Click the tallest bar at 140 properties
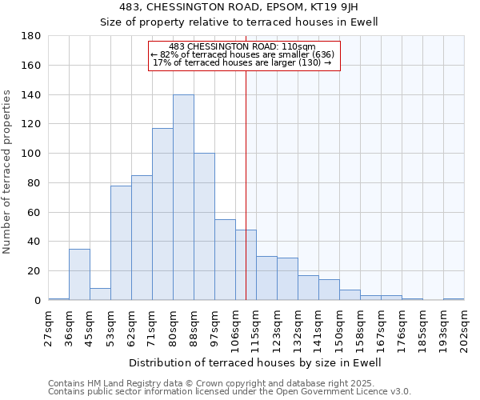point(183,198)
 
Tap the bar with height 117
point(162,214)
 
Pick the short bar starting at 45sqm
point(100,294)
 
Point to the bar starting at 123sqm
point(287,279)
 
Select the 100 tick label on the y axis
point(32,154)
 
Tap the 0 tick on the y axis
point(38,301)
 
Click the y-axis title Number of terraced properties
point(7,172)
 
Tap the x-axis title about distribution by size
point(255,362)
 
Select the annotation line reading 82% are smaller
point(245,54)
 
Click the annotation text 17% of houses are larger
point(242,62)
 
